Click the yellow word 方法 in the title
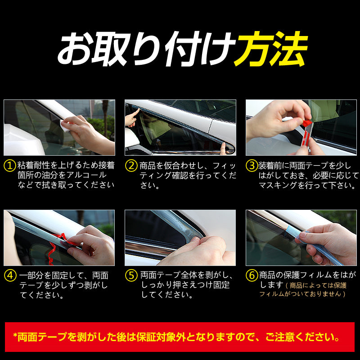point(271,49)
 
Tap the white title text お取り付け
point(147,49)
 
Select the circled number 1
point(10,166)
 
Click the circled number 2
point(131,166)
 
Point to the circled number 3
point(252,166)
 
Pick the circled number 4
point(10,275)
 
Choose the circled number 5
point(131,275)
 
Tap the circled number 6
point(252,275)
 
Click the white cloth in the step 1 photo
point(64,126)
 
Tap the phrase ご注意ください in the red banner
point(302,337)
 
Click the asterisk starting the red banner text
point(15,335)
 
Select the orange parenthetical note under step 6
point(303,290)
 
